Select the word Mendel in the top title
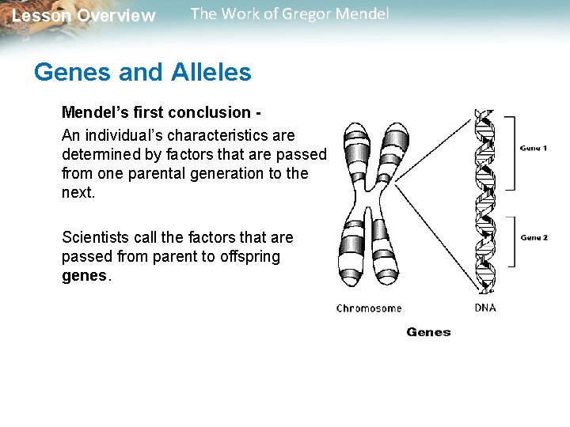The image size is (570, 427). [x=361, y=14]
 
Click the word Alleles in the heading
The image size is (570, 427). [x=210, y=73]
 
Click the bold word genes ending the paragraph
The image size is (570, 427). [x=84, y=277]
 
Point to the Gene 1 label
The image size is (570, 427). [x=534, y=148]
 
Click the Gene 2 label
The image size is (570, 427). [x=534, y=237]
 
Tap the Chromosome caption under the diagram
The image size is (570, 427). [x=369, y=308]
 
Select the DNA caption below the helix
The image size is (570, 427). [x=485, y=308]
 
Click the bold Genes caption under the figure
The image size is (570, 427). [x=428, y=332]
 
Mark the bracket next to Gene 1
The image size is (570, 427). [x=511, y=153]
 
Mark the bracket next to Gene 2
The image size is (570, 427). [x=511, y=241]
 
